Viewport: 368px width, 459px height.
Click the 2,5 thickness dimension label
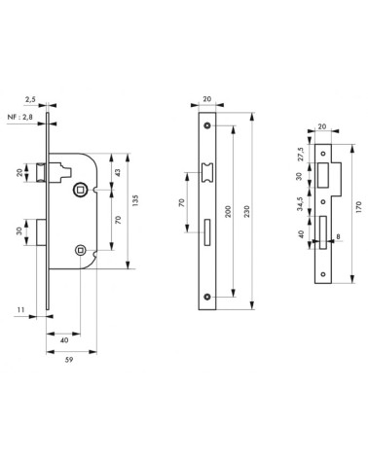point(30,100)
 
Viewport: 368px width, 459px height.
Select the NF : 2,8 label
point(20,117)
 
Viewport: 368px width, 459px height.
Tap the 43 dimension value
point(118,172)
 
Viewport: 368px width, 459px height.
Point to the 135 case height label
point(135,201)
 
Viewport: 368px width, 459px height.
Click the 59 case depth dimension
point(69,360)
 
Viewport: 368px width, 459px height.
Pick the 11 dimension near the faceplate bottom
point(20,310)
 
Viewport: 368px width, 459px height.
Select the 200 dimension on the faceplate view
point(228,211)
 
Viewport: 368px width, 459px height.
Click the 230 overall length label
point(246,211)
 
